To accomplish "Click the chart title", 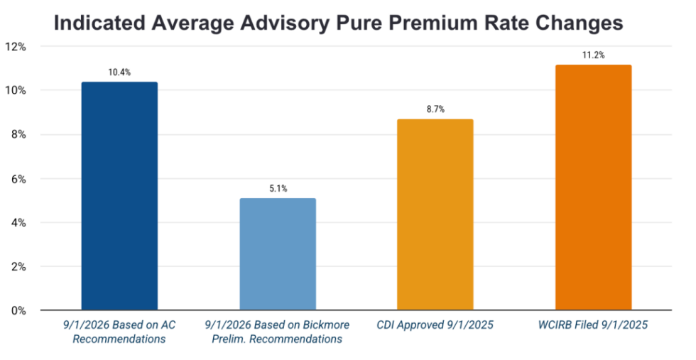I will coord(338,23).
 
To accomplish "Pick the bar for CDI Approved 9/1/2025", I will coord(435,214).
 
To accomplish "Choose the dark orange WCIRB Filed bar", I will coord(593,187).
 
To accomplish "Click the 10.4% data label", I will coord(119,72).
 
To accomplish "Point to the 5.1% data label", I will coord(278,189).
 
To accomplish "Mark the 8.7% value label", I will coord(435,109).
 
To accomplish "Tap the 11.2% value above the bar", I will coord(593,55).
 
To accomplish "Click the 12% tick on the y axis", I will coord(16,47).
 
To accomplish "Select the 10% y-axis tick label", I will coord(16,91).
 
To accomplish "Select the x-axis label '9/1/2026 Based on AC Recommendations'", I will coord(119,332).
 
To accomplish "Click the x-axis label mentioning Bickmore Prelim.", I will coord(278,332).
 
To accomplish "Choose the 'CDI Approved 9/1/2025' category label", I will coord(435,326).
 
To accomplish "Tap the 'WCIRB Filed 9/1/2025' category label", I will coord(593,326).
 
